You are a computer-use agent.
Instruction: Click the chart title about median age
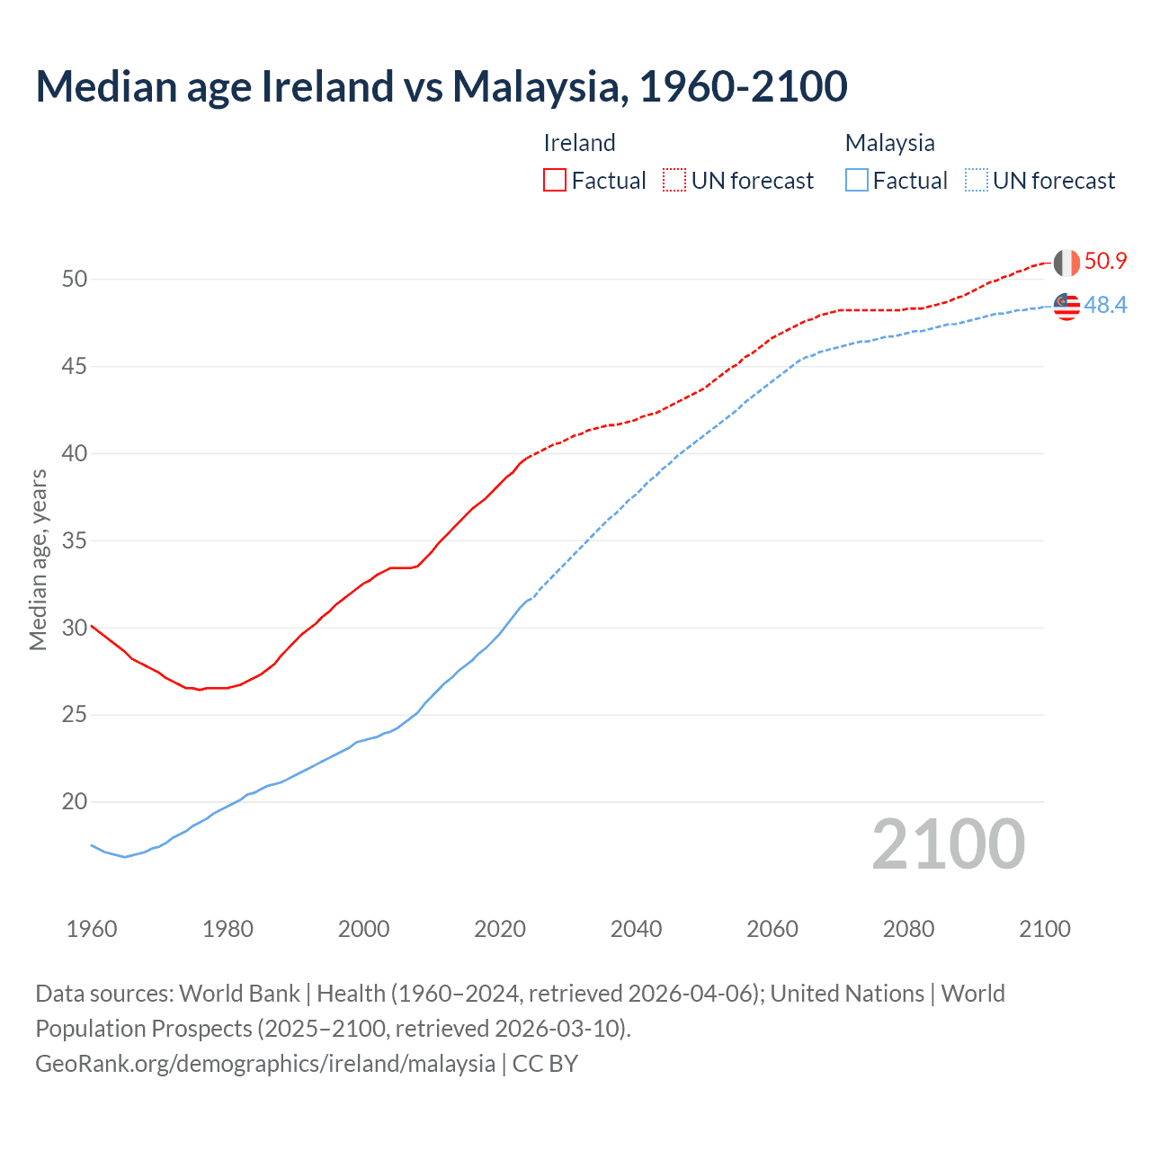(x=441, y=86)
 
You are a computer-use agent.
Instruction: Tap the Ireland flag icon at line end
(x=1066, y=263)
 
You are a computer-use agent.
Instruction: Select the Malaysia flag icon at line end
(x=1066, y=306)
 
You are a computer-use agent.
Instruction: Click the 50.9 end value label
(x=1105, y=262)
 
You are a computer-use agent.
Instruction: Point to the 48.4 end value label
(x=1105, y=306)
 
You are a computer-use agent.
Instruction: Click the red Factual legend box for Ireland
(x=555, y=180)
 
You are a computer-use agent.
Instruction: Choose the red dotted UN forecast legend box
(x=674, y=180)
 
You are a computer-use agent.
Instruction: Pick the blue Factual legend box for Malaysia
(x=857, y=180)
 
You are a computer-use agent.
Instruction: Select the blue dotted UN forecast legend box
(x=976, y=180)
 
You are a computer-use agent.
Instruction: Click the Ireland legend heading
(x=579, y=143)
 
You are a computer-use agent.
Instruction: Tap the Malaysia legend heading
(x=889, y=143)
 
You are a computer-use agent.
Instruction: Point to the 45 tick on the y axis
(x=75, y=367)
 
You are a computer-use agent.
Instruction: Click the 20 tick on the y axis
(x=75, y=802)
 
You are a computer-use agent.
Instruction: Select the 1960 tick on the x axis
(x=92, y=929)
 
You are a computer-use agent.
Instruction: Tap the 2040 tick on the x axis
(x=636, y=929)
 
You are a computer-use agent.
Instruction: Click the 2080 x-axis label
(x=908, y=929)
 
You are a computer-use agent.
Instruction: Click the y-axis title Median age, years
(x=38, y=559)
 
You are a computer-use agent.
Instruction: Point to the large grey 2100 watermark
(x=948, y=843)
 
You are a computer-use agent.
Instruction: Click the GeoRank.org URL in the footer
(x=265, y=1064)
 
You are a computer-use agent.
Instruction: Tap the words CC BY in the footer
(x=545, y=1064)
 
